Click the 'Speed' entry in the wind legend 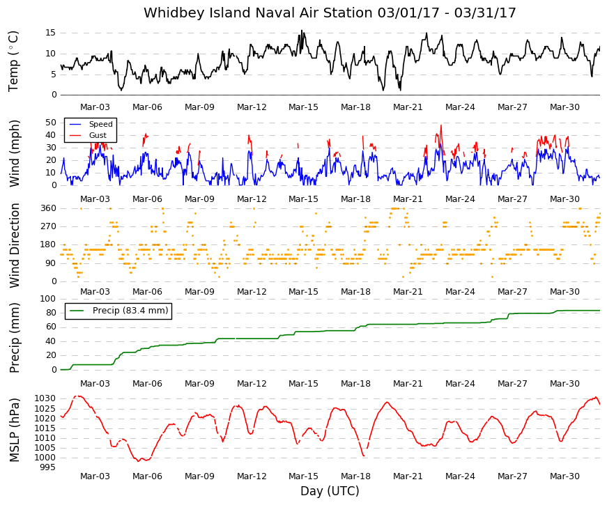coord(100,124)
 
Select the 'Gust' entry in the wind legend coord(98,135)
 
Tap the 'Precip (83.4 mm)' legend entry coord(130,311)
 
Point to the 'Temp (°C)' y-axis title coord(13,61)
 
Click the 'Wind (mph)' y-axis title coord(14,154)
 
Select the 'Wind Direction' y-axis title coord(14,246)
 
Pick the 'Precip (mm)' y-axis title coord(14,338)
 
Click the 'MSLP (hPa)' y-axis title coord(14,430)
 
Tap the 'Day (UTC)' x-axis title coord(330,491)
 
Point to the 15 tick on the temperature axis coord(51,33)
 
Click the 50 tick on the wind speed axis coord(51,123)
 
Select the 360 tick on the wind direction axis coord(48,208)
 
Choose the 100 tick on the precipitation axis coord(48,299)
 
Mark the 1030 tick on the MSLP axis coord(45,398)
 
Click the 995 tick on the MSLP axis coord(48,467)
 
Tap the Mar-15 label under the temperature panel coord(304,107)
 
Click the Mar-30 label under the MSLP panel coord(564,476)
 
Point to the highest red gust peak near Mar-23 coord(441,125)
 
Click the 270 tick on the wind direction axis coord(48,226)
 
